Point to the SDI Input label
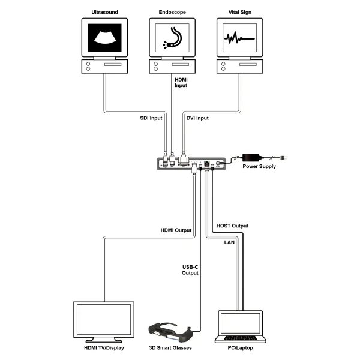[x=142, y=118]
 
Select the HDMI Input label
[x=180, y=82]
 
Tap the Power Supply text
[x=259, y=166]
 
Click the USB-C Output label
[x=190, y=270]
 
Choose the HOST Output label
[x=232, y=226]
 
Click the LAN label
[x=229, y=242]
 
